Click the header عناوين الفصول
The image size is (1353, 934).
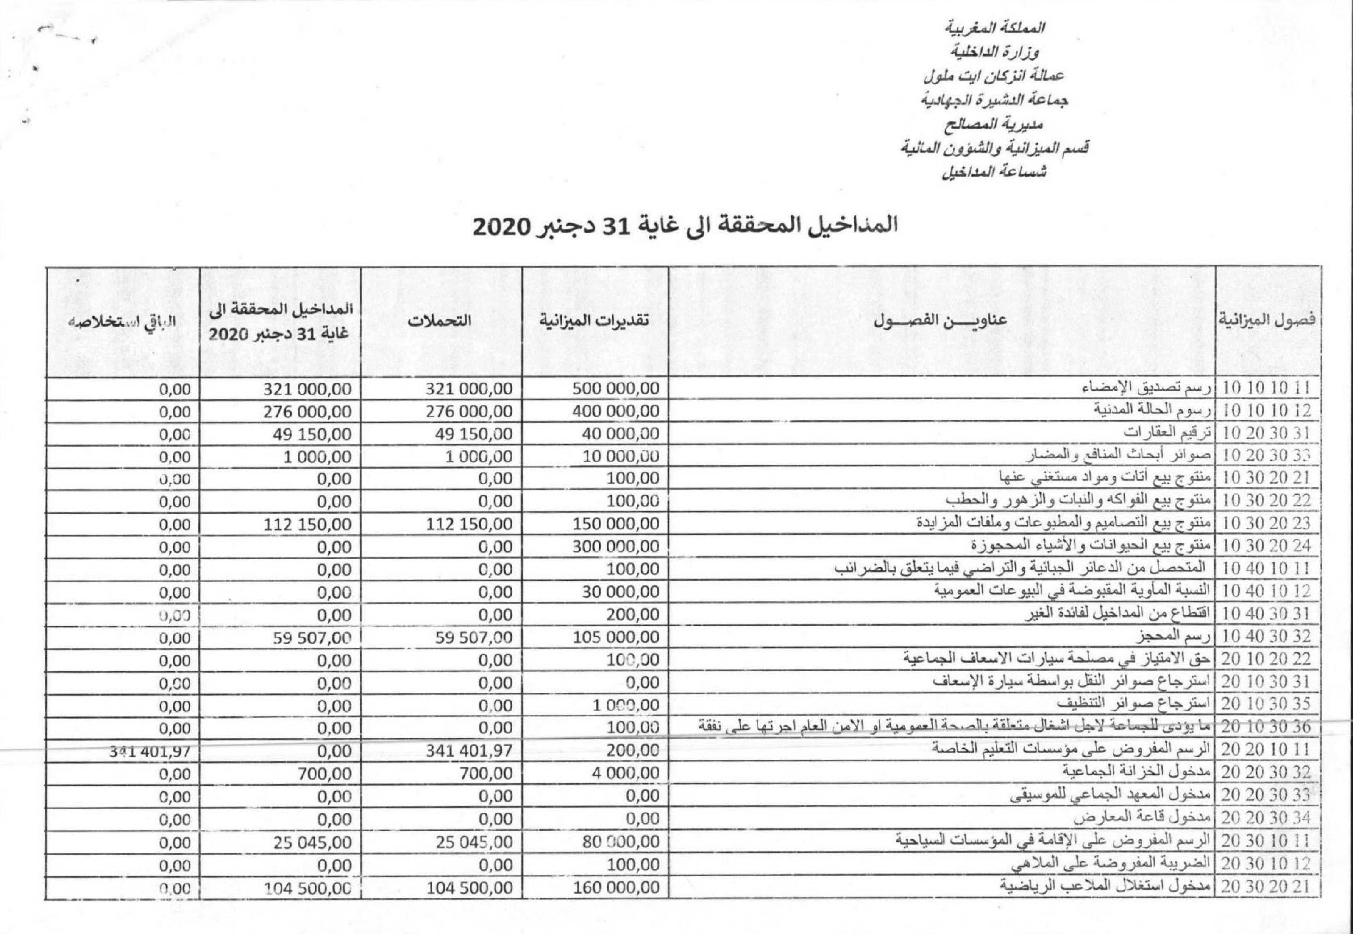pos(941,320)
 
